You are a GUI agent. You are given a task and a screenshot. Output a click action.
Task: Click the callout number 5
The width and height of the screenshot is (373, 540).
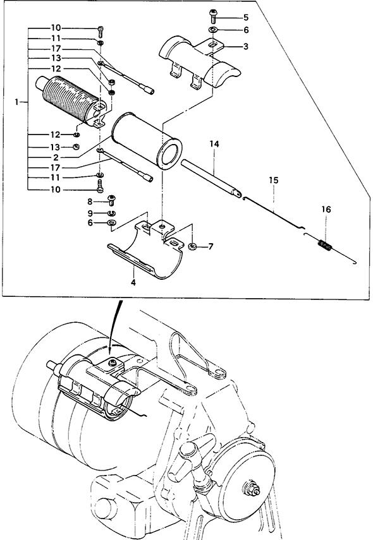[245, 18]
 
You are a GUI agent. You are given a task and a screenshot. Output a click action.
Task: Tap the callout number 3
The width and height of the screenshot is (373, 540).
[245, 46]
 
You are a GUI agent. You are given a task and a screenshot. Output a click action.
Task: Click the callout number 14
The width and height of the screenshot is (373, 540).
[214, 144]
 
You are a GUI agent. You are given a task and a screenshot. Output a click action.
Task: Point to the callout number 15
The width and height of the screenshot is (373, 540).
[274, 180]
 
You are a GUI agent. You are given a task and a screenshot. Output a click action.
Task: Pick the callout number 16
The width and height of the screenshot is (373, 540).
[326, 210]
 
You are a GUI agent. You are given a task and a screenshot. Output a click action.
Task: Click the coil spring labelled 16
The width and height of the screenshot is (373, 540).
[324, 245]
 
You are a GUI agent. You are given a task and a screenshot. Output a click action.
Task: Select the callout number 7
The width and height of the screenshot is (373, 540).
[211, 246]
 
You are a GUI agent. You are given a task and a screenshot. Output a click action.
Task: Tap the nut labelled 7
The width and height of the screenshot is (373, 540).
[192, 246]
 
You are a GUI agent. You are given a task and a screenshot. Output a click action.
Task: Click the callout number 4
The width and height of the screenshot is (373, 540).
[133, 282]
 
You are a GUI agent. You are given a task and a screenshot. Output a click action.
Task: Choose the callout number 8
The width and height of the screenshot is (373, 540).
[90, 201]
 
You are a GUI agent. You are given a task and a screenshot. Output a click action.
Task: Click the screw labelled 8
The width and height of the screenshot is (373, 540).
[112, 200]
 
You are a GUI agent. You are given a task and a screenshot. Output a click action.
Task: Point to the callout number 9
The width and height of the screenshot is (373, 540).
[90, 213]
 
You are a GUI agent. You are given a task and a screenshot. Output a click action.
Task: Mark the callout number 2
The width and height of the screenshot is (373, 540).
[56, 158]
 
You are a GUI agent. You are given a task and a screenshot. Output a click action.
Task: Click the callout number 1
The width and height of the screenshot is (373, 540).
[17, 102]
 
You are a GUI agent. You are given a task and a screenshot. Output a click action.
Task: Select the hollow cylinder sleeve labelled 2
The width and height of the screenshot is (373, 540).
[147, 141]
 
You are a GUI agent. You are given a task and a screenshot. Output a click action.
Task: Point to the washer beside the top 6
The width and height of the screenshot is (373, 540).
[212, 29]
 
